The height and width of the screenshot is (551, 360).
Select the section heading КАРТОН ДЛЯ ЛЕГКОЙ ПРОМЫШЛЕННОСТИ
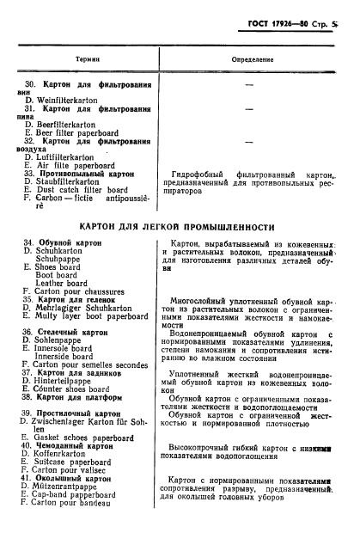click(179, 227)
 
